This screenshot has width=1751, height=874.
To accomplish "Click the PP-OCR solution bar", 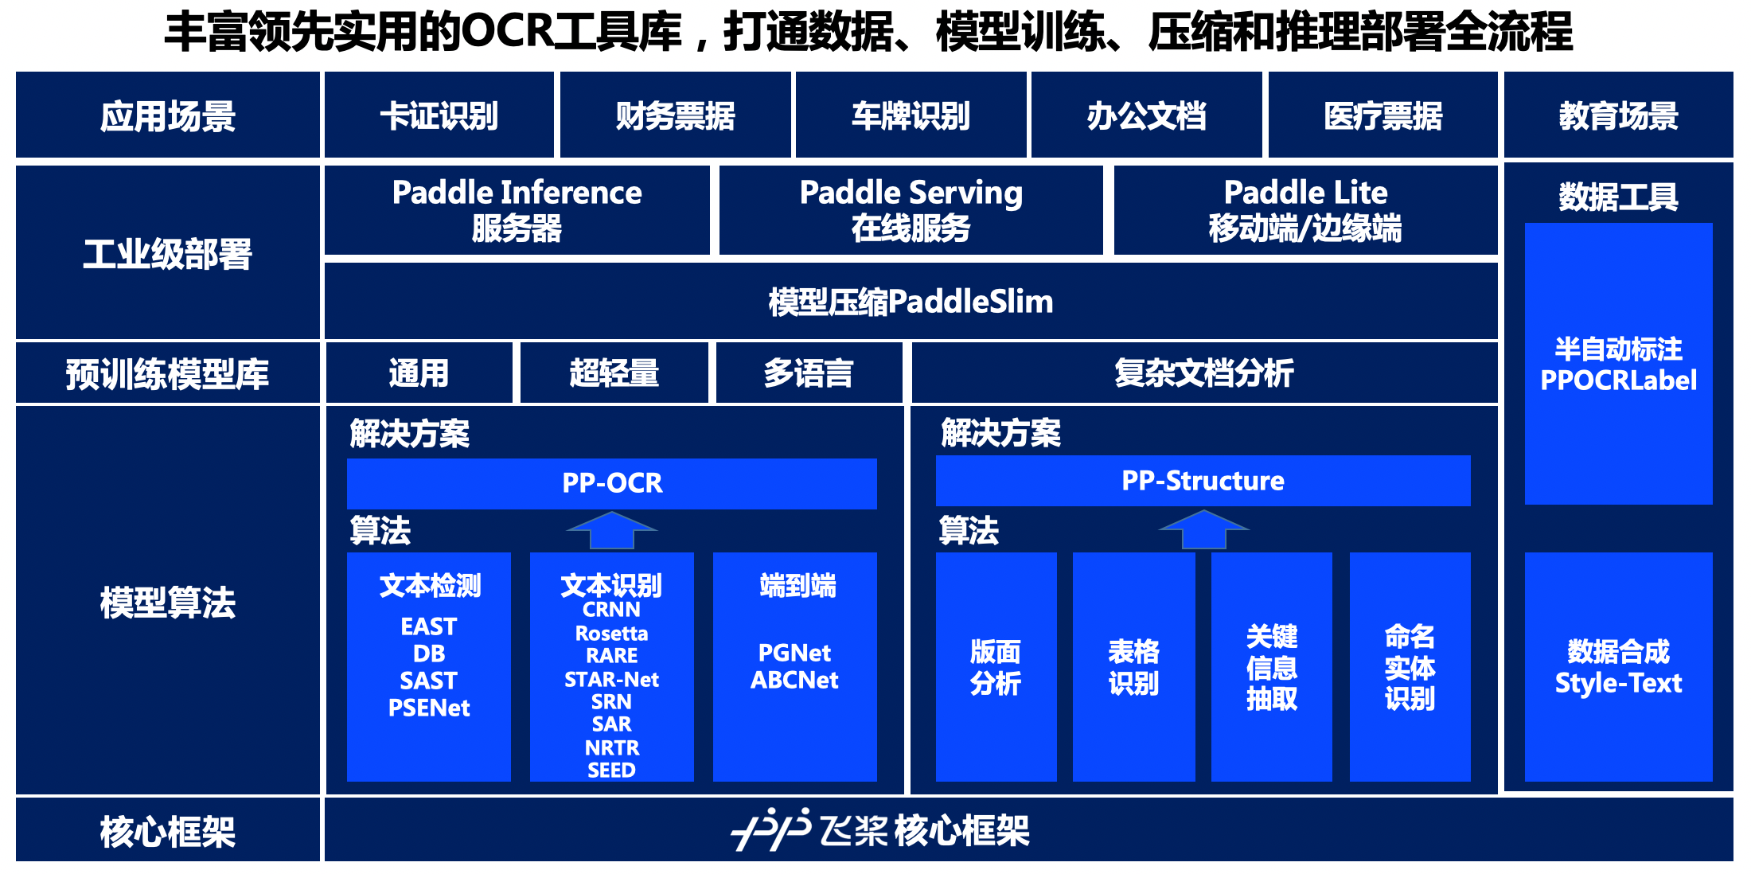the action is point(611,483).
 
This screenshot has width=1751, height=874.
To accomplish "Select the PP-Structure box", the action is point(1203,481).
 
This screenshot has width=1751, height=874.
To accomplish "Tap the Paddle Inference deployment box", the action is point(517,210).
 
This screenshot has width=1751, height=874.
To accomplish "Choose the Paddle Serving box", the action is point(911,210).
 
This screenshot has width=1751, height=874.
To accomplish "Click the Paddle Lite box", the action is point(1305,210).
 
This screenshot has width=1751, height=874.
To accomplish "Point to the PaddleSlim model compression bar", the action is point(911,302).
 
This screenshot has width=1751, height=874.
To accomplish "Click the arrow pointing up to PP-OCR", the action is point(611,530).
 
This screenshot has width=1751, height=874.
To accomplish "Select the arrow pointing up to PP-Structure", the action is point(1203,529).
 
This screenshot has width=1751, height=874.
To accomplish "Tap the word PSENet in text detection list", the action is point(429,708).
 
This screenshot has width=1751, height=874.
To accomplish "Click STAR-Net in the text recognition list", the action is point(611,680).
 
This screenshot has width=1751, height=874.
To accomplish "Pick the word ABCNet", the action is point(794,680).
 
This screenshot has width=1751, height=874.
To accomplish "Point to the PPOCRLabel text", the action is point(1618,380).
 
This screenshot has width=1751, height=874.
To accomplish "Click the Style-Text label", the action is point(1618,683).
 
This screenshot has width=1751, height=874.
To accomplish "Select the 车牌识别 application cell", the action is point(911,115).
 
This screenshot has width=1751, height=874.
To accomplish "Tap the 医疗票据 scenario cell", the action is point(1383,115).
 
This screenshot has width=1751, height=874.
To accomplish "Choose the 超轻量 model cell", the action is point(614,373).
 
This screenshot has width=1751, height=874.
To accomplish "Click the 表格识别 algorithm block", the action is point(1133,667).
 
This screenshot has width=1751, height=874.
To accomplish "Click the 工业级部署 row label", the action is point(167,254).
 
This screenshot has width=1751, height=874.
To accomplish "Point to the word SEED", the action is point(611,770).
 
